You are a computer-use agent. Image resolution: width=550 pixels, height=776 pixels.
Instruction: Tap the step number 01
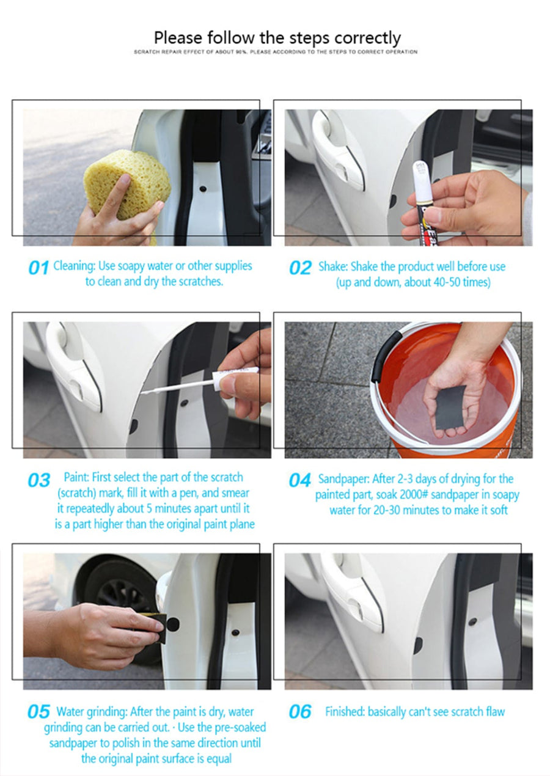click(38, 268)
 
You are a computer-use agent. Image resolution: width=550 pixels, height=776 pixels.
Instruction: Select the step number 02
click(301, 268)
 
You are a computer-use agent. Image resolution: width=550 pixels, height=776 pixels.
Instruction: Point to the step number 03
click(39, 480)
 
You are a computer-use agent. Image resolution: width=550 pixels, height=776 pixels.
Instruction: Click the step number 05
click(39, 712)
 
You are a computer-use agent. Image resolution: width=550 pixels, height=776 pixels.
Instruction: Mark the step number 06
click(300, 712)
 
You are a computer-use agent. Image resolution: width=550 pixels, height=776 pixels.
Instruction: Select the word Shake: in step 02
click(333, 267)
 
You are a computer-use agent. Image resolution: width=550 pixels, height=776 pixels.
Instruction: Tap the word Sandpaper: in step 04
click(344, 479)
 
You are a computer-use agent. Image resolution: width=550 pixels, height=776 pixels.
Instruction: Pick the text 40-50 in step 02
click(447, 282)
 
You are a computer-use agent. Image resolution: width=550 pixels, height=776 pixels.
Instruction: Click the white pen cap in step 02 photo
click(420, 181)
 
